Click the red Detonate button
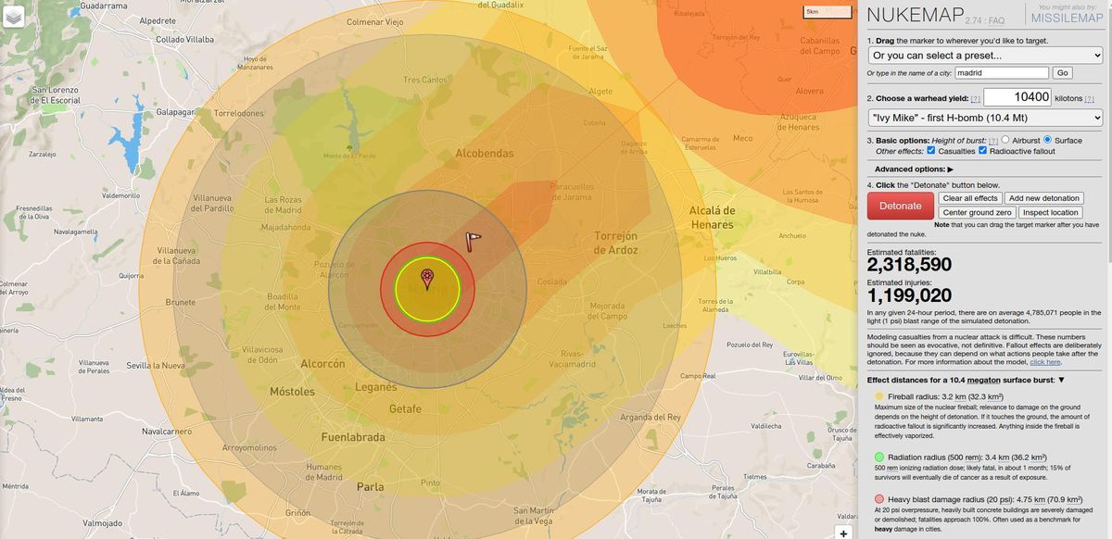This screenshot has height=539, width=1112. point(900,206)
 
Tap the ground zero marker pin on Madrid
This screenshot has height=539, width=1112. point(427,276)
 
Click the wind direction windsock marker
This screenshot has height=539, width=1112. point(474,240)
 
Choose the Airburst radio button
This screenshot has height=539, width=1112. point(1005,141)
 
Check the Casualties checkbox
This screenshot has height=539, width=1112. point(931,151)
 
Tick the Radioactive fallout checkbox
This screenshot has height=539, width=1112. point(983,151)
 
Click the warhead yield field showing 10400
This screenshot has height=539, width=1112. point(1017,97)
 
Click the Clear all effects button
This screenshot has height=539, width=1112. point(970,198)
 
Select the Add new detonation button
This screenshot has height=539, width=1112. point(1043,198)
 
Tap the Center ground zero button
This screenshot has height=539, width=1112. point(978,212)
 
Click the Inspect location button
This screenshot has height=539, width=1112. point(1052,212)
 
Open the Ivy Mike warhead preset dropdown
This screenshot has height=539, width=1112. point(985,118)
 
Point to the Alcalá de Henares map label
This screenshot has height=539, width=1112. point(712,217)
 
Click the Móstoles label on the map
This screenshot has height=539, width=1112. point(292,392)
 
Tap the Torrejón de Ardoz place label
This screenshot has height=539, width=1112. point(615,243)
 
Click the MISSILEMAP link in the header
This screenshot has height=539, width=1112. point(1066,19)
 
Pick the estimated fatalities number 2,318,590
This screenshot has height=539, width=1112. point(909,266)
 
